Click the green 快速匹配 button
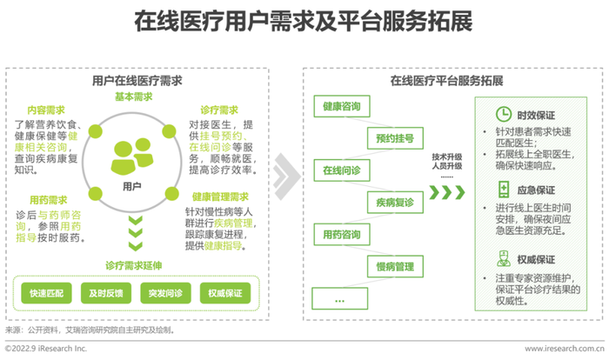(46, 293)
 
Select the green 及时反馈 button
(106, 293)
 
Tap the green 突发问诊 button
(165, 293)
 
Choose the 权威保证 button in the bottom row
(225, 293)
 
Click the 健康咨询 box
(342, 106)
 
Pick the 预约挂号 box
(395, 138)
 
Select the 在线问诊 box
(342, 170)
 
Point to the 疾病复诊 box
(395, 203)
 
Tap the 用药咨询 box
(342, 234)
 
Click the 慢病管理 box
(395, 266)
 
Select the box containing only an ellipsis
(340, 298)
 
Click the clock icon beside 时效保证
(504, 114)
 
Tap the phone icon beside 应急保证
(504, 190)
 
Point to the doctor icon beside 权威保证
(504, 258)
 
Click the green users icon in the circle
(132, 156)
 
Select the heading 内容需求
(46, 110)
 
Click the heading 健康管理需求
(220, 197)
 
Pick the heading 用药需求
(49, 200)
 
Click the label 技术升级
(447, 157)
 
